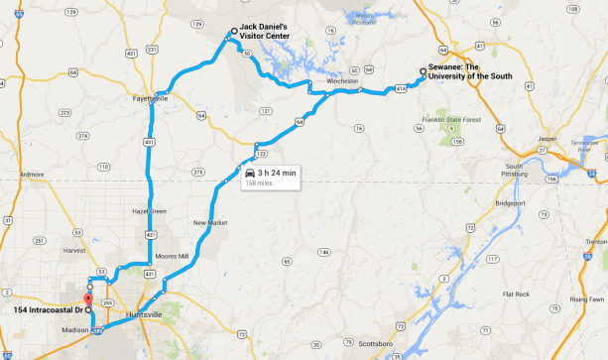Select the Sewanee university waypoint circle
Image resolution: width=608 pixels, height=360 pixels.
click(x=424, y=71)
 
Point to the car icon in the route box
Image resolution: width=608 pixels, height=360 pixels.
click(x=248, y=173)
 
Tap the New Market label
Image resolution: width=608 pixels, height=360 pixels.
click(x=210, y=221)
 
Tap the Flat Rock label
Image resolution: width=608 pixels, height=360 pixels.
click(x=516, y=295)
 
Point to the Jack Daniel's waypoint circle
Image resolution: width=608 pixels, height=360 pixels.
click(x=234, y=32)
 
